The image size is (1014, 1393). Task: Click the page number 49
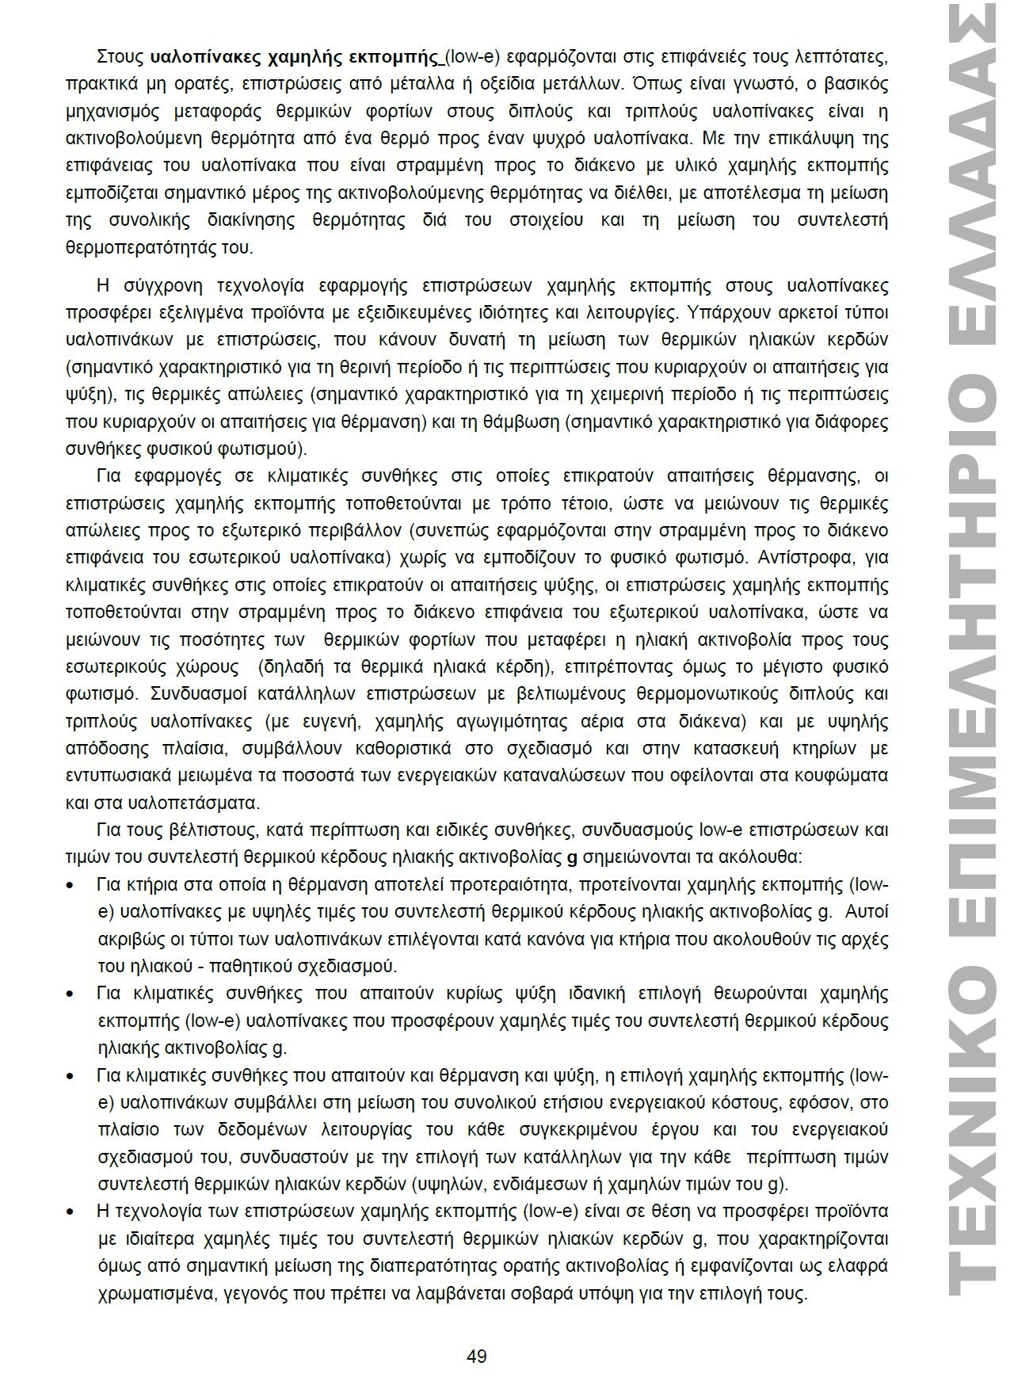[x=476, y=1356]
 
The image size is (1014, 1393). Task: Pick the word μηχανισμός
[x=113, y=111]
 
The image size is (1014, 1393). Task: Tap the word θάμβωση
[x=528, y=422]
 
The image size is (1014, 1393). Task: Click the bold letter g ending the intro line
[x=574, y=857]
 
